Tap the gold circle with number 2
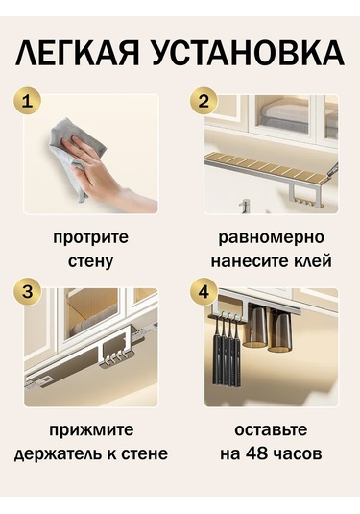pyautogui.click(x=204, y=100)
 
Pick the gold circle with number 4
pyautogui.click(x=204, y=294)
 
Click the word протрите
pyautogui.click(x=91, y=237)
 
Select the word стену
pyautogui.click(x=91, y=260)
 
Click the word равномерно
pyautogui.click(x=271, y=237)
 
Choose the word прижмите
pyautogui.click(x=91, y=429)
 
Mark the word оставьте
pyautogui.click(x=271, y=429)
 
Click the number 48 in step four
pyautogui.click(x=263, y=453)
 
